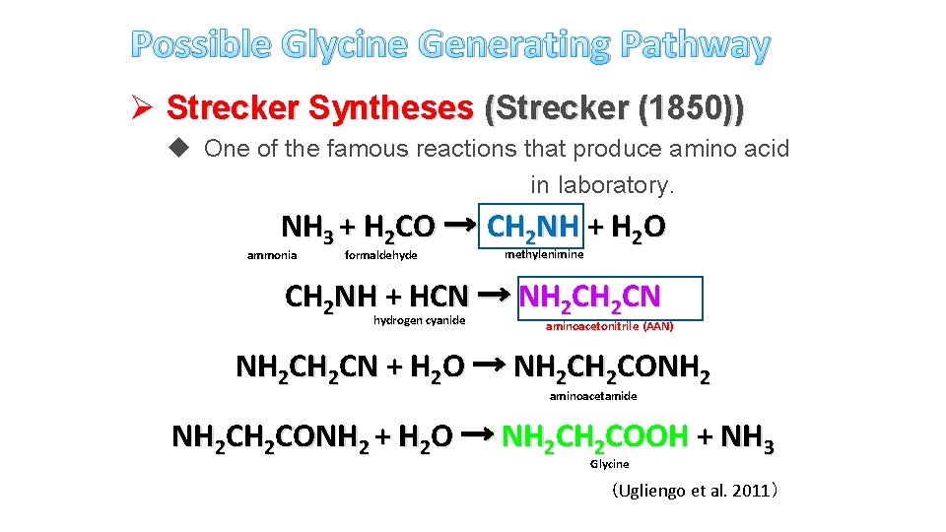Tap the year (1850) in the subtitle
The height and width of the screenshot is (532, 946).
pos(691,108)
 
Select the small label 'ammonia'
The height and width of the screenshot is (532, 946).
pos(272,256)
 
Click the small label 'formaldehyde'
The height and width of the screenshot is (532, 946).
pos(381,256)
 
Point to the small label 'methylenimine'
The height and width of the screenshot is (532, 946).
pos(544,254)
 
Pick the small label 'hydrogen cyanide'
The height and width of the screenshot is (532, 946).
pos(420,320)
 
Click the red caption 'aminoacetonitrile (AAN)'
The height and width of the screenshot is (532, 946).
pos(610,326)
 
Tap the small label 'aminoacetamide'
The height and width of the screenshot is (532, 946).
pos(593,396)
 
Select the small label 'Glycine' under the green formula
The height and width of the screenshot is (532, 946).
pos(609,463)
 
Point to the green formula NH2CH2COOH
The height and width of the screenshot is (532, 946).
pos(594,435)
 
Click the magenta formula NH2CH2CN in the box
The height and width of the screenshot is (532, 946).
pos(590,297)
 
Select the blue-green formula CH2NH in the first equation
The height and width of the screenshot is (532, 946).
pos(533,229)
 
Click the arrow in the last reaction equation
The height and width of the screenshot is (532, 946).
pos(477,434)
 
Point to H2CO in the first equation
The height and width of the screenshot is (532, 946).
pos(398,229)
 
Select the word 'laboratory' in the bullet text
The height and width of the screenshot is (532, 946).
pos(613,184)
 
